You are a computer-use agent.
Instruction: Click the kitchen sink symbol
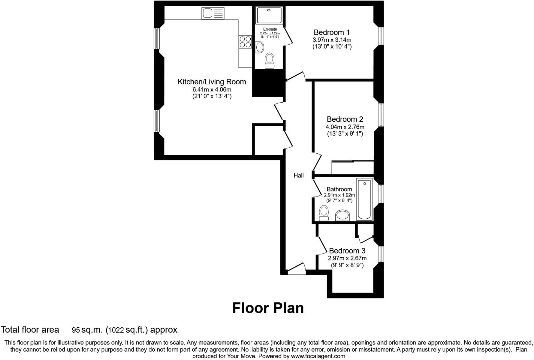pyautogui.click(x=213, y=13)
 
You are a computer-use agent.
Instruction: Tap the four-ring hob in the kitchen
pyautogui.click(x=245, y=42)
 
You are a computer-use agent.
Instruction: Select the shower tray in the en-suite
pyautogui.click(x=269, y=15)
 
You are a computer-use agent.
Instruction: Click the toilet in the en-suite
pyautogui.click(x=270, y=60)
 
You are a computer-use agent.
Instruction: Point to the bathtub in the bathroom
pyautogui.click(x=364, y=199)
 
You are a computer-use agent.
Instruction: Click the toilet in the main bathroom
pyautogui.click(x=324, y=213)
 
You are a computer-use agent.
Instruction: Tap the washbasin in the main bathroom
pyautogui.click(x=343, y=215)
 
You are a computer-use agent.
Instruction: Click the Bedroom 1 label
pyautogui.click(x=332, y=32)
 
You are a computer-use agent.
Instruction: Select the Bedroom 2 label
pyautogui.click(x=345, y=119)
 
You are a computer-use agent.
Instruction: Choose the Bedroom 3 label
pyautogui.click(x=347, y=251)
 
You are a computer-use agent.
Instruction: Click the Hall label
pyautogui.click(x=298, y=175)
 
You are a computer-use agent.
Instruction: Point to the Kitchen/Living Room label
pyautogui.click(x=212, y=82)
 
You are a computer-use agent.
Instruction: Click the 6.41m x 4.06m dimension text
pyautogui.click(x=212, y=89)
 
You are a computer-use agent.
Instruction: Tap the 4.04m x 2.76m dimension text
pyautogui.click(x=345, y=127)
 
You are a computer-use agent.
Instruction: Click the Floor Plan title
pyautogui.click(x=268, y=308)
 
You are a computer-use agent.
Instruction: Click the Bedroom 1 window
pyautogui.click(x=381, y=36)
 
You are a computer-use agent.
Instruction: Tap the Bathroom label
pyautogui.click(x=339, y=189)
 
